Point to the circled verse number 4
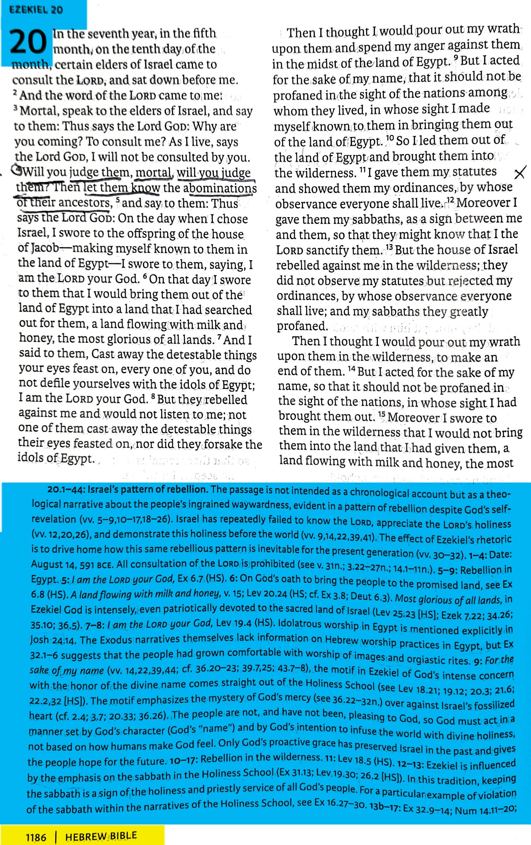pyautogui.click(x=16, y=169)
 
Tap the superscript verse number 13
pyautogui.click(x=389, y=247)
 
